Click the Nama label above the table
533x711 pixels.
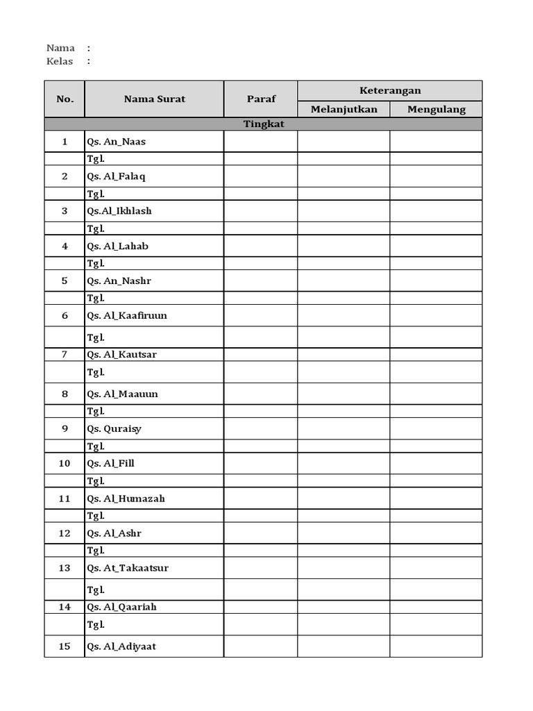click(60, 48)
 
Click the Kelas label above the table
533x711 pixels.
click(60, 61)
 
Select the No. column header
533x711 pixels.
click(65, 99)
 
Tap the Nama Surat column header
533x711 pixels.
click(154, 99)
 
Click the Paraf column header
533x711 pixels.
click(261, 99)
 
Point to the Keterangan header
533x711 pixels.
click(389, 90)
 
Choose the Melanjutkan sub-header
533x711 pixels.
click(344, 109)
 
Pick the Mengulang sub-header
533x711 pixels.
click(436, 109)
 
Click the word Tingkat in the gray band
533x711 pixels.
click(264, 124)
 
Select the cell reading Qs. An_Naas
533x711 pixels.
click(117, 142)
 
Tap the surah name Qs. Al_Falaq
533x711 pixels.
click(116, 176)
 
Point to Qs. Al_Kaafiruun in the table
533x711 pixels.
click(127, 315)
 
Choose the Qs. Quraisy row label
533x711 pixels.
click(114, 428)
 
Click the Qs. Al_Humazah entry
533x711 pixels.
click(126, 498)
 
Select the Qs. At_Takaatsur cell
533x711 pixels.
click(128, 568)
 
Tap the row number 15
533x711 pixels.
click(65, 646)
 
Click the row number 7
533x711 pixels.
click(65, 354)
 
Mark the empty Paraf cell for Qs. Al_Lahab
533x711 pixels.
click(261, 246)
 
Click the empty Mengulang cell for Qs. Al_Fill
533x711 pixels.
click(436, 463)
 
